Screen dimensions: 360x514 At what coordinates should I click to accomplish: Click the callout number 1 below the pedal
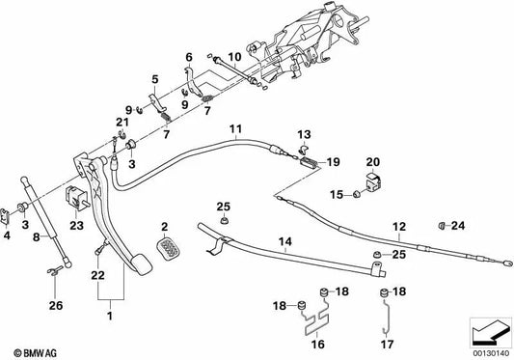(109, 316)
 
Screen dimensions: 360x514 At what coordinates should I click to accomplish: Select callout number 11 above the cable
(236, 129)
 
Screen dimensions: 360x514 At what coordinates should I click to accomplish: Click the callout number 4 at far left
(9, 235)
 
